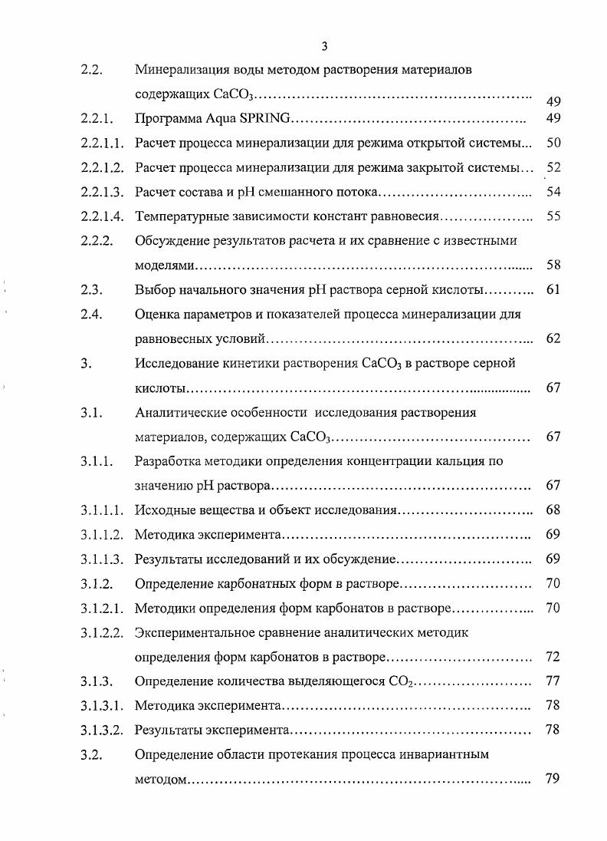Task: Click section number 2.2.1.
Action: tap(97, 119)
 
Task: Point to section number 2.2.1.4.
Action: tap(102, 216)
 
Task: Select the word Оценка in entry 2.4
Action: tap(156, 314)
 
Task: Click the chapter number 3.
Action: tap(84, 363)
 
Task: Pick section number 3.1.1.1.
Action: tap(102, 510)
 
